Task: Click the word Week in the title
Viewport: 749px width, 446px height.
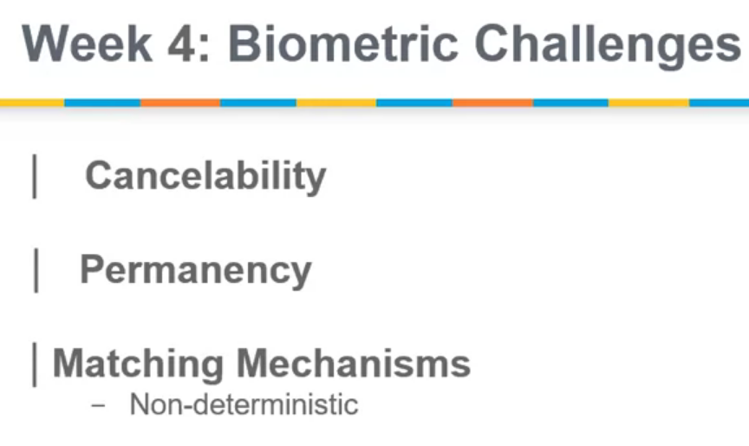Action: tap(87, 44)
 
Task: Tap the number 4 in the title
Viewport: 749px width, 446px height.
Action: tap(181, 44)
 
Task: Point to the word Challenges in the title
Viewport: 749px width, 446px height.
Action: tap(607, 46)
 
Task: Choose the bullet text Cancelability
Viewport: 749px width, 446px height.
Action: tap(205, 177)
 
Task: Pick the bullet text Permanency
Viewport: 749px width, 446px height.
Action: tap(196, 271)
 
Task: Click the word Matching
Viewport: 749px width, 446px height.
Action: tap(138, 364)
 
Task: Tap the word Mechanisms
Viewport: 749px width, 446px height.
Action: tap(354, 363)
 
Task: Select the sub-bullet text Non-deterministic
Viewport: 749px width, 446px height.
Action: tap(244, 404)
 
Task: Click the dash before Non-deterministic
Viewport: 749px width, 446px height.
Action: tap(98, 405)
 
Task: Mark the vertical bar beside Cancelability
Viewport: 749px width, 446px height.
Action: tap(35, 176)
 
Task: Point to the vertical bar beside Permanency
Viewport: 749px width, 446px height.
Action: tap(36, 271)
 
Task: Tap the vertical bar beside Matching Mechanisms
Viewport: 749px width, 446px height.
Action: tap(35, 364)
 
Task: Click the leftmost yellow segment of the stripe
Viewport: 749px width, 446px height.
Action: tap(32, 102)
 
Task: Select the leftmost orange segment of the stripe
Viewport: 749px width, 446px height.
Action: tap(180, 102)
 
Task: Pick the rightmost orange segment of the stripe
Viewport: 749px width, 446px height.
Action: tap(492, 102)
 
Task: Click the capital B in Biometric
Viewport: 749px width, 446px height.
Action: tap(243, 44)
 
